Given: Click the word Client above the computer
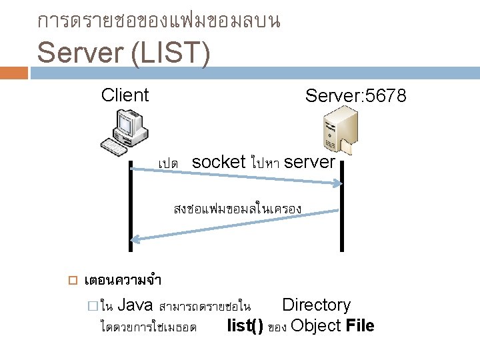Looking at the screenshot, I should tap(125, 95).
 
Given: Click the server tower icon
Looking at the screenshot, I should tap(339, 129).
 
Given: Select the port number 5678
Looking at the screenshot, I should tap(383, 97).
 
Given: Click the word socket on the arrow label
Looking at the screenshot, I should tap(219, 162).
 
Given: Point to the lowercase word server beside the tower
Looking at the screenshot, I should tap(309, 162).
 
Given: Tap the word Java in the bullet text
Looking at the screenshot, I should tap(135, 305).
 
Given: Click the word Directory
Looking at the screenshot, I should tap(316, 305).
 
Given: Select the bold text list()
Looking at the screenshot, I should tap(245, 326).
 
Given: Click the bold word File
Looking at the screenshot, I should tap(360, 326).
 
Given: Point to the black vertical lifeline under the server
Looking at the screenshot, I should tap(342, 207).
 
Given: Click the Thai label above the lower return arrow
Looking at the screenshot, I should tap(237, 209).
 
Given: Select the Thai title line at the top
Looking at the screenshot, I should tap(159, 21).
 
